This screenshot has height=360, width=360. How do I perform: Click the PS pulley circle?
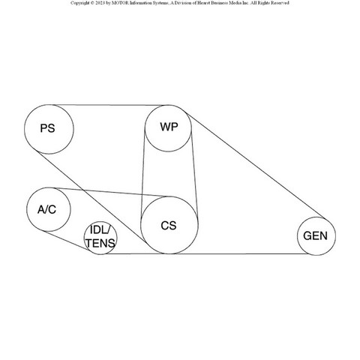coord(24,129)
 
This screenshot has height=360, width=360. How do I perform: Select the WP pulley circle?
coord(145,128)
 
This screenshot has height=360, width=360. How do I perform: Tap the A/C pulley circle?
coord(27,209)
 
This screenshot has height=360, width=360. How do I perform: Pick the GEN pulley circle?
coord(298,236)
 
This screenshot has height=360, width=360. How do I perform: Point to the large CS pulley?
coord(141,225)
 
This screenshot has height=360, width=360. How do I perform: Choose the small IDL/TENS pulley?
coord(84,238)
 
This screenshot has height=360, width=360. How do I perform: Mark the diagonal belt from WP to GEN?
coord(256,165)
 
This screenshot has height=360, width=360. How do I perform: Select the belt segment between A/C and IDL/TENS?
coord(65,240)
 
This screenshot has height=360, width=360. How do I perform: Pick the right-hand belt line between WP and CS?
coord(194,175)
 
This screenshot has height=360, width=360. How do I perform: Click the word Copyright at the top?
coord(79,3)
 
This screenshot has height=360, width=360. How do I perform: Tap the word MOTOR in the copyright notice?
coord(120,3)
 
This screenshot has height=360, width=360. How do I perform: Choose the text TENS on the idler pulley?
coord(100,243)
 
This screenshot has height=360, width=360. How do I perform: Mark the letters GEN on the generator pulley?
coord(315,236)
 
